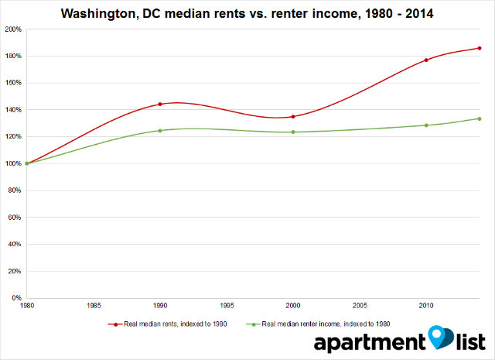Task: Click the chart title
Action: pyautogui.click(x=247, y=12)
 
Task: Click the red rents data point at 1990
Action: pyautogui.click(x=160, y=104)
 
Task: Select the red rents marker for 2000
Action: pyautogui.click(x=293, y=116)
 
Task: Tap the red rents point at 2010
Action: pyautogui.click(x=426, y=60)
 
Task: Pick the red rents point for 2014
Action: pyautogui.click(x=480, y=48)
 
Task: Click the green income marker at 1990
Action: pyautogui.click(x=160, y=130)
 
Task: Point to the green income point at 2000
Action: pyautogui.click(x=293, y=132)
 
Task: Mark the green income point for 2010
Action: pyautogui.click(x=426, y=125)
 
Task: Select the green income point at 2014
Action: pyautogui.click(x=480, y=118)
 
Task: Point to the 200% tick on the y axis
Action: pyautogui.click(x=13, y=29)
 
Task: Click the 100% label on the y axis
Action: pyautogui.click(x=13, y=163)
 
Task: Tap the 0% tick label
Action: pyautogui.click(x=16, y=298)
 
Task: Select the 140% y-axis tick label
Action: pyautogui.click(x=13, y=110)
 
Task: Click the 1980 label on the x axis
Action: pyautogui.click(x=27, y=306)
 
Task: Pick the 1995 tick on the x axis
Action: pyautogui.click(x=227, y=306)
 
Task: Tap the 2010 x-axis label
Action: pyautogui.click(x=426, y=306)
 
